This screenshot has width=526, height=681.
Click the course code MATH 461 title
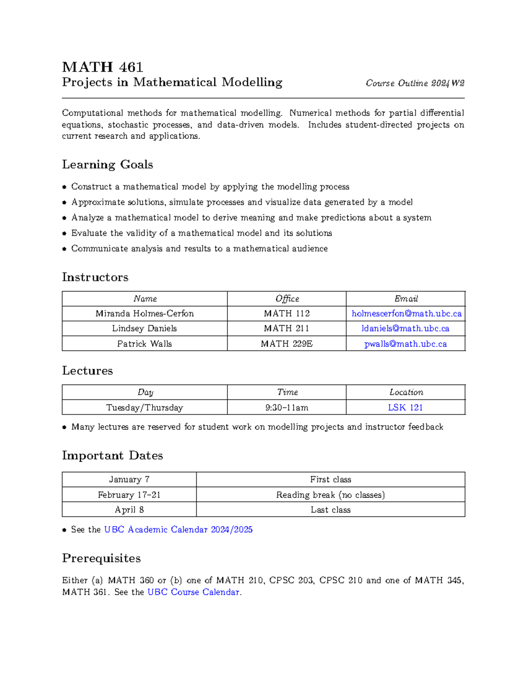pos(103,67)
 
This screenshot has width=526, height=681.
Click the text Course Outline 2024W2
pos(415,83)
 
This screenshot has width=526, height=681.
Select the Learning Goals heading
pos(107,164)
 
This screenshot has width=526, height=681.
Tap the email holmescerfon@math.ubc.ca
pos(406,314)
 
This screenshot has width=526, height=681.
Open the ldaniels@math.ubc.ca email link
pos(405,328)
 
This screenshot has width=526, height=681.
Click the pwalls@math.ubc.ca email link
pos(405,344)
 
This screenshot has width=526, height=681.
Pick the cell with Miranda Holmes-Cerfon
pos(144,314)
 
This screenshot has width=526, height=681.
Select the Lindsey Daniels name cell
pos(144,328)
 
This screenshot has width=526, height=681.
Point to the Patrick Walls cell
pos(144,344)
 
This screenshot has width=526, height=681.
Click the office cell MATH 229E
pos(287,344)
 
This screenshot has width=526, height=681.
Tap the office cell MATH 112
pos(287,314)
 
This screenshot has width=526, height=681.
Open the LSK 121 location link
pos(405,407)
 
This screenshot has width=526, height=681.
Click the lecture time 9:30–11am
pos(287,407)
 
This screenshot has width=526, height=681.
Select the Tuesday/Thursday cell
pos(144,407)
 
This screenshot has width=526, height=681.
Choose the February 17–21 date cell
pos(129,495)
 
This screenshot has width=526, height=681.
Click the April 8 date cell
pos(129,510)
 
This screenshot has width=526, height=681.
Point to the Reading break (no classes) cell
pos(331,495)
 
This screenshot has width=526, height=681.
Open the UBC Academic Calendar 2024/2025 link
pos(178,530)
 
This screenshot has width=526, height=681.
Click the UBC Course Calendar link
pos(193,592)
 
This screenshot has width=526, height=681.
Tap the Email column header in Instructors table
pos(406,299)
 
